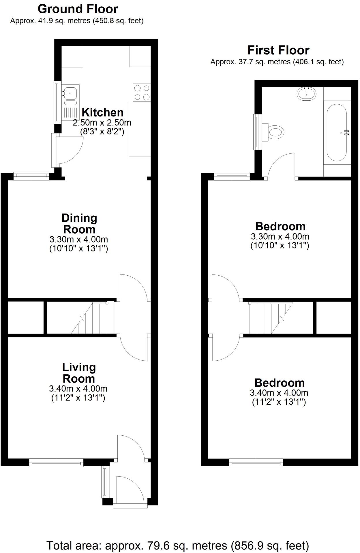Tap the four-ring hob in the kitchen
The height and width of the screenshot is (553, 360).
click(x=142, y=92)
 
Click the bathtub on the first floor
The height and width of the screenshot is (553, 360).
click(x=337, y=132)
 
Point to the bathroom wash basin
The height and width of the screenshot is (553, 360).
click(x=306, y=94)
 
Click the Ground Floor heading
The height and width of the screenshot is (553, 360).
click(x=78, y=9)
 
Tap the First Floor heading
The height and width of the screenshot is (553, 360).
click(x=278, y=50)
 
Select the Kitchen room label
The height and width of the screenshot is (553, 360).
click(x=102, y=112)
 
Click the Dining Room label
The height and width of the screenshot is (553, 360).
click(x=79, y=224)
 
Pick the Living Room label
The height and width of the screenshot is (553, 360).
click(x=79, y=373)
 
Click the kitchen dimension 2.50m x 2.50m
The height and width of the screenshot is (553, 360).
click(x=102, y=123)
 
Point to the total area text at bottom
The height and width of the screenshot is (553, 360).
click(x=178, y=546)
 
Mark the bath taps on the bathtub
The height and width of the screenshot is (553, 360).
click(x=347, y=132)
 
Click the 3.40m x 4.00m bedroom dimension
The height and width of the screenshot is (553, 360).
click(x=279, y=393)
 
